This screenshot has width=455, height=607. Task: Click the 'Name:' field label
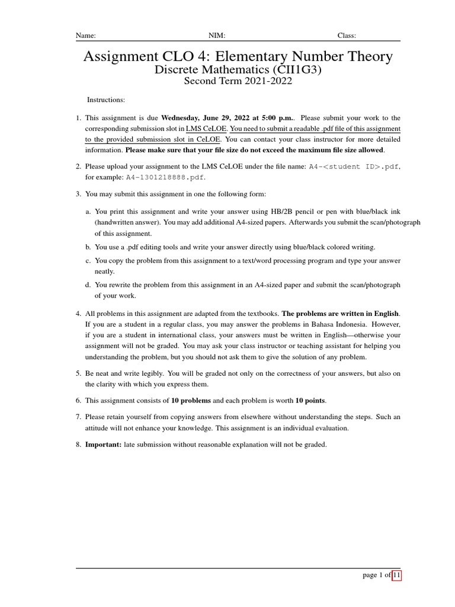[x=85, y=36]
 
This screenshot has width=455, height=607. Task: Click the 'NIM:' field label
[x=217, y=36]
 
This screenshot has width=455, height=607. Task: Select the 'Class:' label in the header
[x=347, y=36]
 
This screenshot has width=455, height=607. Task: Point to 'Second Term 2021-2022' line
[x=238, y=82]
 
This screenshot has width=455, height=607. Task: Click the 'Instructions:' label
[x=106, y=100]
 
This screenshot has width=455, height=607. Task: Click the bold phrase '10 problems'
[x=191, y=401]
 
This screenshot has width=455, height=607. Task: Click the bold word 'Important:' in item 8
[x=103, y=445]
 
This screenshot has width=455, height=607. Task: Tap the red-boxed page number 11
[x=396, y=576]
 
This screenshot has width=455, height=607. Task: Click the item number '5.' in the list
[x=78, y=373]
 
